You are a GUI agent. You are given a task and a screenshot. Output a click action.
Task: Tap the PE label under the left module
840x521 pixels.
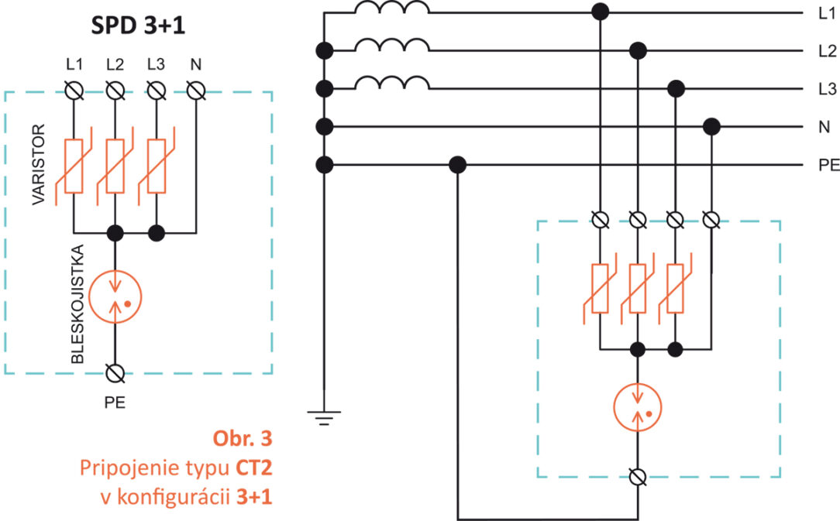tap(115, 402)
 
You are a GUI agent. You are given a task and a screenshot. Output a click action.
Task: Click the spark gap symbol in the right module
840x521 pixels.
tap(638, 409)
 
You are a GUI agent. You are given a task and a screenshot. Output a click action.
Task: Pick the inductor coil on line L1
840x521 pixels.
tap(391, 9)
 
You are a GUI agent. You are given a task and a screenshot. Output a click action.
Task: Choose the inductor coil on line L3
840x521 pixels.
tap(391, 83)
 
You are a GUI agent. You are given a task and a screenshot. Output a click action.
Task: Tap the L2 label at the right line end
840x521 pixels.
tap(826, 51)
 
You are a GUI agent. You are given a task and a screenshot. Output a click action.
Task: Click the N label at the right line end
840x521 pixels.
tap(823, 126)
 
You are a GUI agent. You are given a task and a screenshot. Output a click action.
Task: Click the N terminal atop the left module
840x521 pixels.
tap(197, 92)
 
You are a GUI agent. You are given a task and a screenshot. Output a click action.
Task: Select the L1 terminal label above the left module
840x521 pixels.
tap(74, 63)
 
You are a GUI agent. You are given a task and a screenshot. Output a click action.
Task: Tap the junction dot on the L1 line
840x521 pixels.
tap(599, 12)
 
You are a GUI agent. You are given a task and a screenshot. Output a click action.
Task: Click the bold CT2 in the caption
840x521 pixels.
tap(254, 468)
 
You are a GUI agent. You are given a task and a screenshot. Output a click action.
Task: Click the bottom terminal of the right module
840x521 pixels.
tap(638, 478)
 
